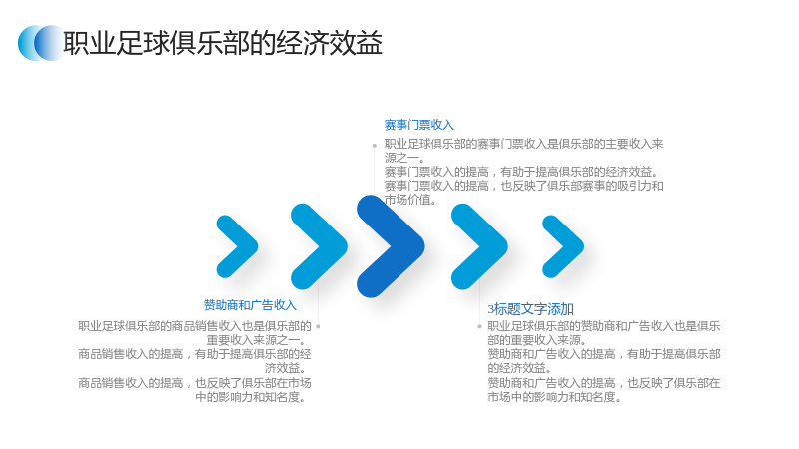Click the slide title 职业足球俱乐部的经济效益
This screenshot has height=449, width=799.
pos(223,43)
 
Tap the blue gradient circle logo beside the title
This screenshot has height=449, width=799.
pos(41,43)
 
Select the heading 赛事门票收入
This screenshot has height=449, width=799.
pos(418,125)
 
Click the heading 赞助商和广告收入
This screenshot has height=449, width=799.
pos(250,305)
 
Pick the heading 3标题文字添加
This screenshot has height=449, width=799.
pos(531,309)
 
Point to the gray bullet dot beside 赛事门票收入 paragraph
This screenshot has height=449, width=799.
pos(374,145)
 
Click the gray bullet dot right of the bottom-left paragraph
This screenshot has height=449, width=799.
pos(318,326)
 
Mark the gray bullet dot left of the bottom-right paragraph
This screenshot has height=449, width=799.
pos(479,326)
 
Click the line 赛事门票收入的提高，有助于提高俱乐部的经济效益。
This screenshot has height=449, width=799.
pos(521,172)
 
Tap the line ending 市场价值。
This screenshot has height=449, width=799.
pos(410,200)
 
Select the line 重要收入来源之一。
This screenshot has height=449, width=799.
pos(258,340)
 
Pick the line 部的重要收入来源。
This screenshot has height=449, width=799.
pos(537,340)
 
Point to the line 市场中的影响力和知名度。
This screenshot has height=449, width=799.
pos(555,397)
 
